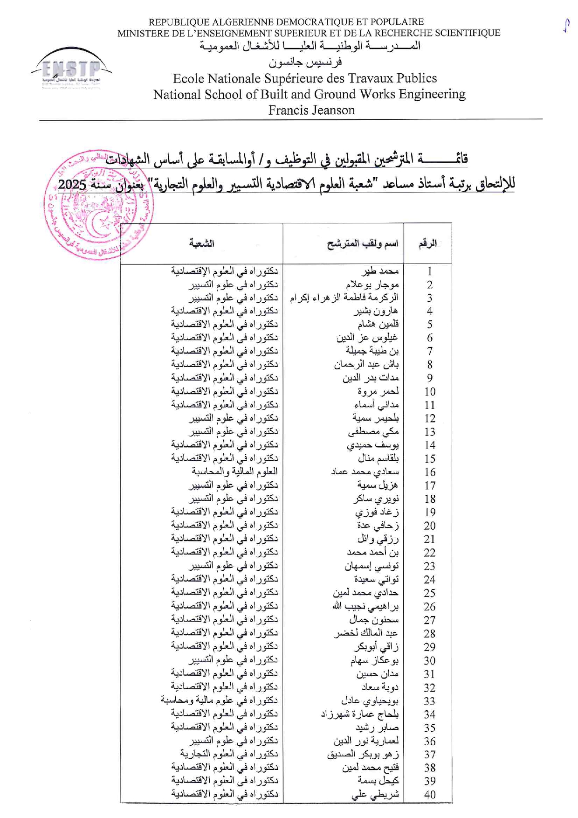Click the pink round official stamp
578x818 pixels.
[x=99, y=205]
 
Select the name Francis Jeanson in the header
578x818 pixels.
[x=311, y=110]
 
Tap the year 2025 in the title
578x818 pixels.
[x=72, y=184]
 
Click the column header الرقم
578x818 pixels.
[x=427, y=243]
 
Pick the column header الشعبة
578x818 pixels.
[x=201, y=243]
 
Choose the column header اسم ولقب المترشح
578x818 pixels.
[x=362, y=243]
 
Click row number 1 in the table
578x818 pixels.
[x=429, y=271]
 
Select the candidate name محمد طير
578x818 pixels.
[x=380, y=271]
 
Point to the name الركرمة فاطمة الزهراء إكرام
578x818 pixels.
[x=344, y=298]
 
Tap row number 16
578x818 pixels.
[x=429, y=472]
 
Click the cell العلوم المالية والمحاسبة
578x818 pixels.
[x=234, y=471]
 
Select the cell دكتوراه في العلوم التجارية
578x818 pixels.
[x=229, y=754]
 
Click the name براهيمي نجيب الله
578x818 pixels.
[x=365, y=606]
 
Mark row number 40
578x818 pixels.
[x=429, y=794]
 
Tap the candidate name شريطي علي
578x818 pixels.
[x=375, y=794]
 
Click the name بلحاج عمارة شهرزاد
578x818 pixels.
[x=359, y=714]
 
